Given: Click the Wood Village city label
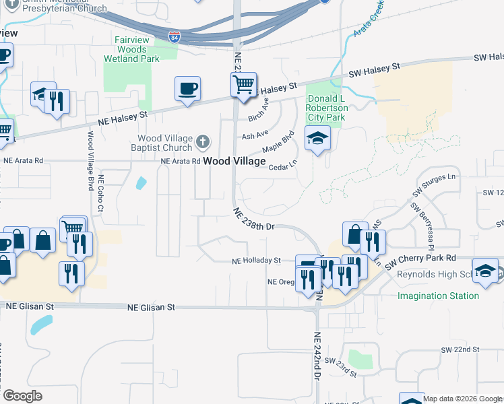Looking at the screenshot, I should (x=234, y=162).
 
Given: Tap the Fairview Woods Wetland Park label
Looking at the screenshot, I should (x=132, y=50).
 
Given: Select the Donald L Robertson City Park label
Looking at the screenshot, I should (x=327, y=108).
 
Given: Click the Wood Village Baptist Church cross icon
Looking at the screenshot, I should (x=202, y=142).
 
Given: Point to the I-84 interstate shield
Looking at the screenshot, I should (x=175, y=36).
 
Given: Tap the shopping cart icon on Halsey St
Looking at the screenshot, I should (x=243, y=85).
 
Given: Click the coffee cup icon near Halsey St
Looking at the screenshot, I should (x=187, y=88).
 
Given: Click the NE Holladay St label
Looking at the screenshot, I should (x=256, y=261).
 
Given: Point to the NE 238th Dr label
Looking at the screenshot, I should (x=255, y=220).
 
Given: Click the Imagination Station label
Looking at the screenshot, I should (x=438, y=296).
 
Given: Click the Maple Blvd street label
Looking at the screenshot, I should (x=279, y=142).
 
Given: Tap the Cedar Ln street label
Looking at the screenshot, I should (x=283, y=166).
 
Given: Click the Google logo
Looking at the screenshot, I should (x=22, y=396).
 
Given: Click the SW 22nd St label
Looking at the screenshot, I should (x=460, y=350).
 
